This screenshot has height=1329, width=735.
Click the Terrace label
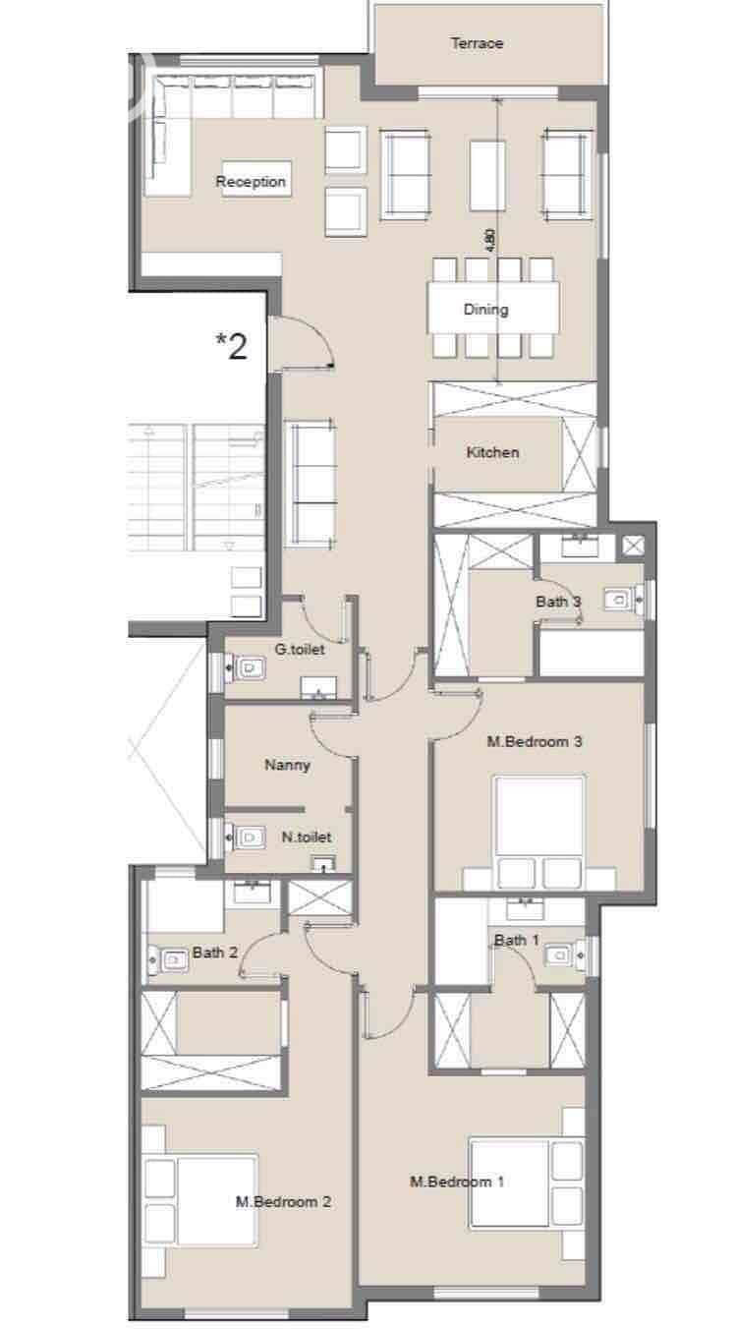pos(477,43)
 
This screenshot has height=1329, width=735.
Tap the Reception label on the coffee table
pos(251,182)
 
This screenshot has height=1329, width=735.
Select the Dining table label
pos(485,309)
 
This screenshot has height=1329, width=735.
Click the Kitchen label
pos(492,452)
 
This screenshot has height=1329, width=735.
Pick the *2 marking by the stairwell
pos(231,346)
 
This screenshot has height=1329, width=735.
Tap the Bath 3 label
pos(558,602)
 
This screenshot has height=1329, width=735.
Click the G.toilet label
pos(300,649)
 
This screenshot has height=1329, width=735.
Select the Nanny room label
pos(287,765)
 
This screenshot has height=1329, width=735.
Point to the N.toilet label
pos(307,838)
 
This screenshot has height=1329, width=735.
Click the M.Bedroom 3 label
pos(535,741)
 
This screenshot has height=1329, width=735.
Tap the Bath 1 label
pos(517,940)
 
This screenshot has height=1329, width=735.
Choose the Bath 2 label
pos(215,953)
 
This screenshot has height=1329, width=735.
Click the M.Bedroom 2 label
pos(284,1201)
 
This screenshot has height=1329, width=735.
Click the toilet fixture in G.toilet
pos(245,668)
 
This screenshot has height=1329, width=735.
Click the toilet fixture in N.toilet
pos(245,838)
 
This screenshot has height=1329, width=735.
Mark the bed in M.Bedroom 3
pos(539,832)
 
